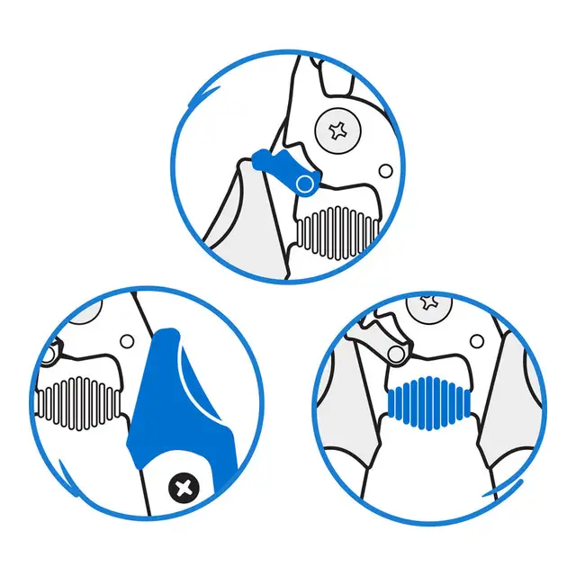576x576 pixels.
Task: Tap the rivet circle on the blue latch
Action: tap(305, 184)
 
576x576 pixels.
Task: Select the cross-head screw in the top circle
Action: tap(339, 131)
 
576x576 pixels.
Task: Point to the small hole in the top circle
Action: tap(385, 171)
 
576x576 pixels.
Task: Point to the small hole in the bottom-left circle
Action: tap(127, 342)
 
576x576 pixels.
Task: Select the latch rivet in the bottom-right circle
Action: tap(392, 354)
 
